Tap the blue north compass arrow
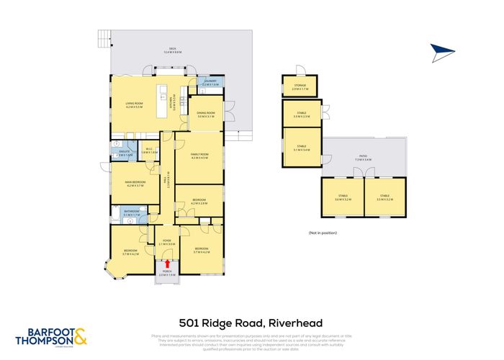point(444,51)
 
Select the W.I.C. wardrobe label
point(149,150)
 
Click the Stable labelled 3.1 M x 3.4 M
point(301,148)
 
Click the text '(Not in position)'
point(323,233)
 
